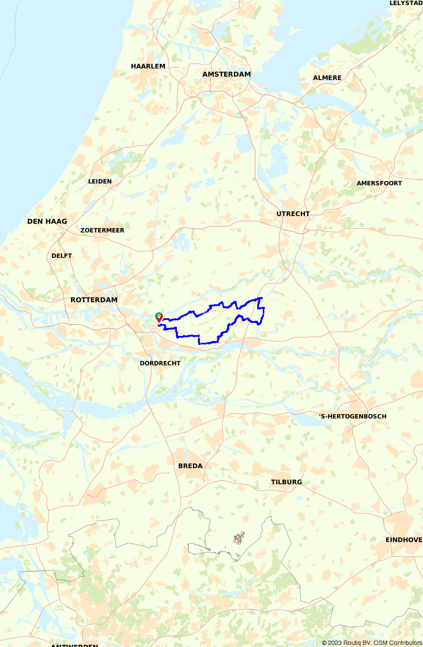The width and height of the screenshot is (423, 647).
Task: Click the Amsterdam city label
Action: (x=226, y=74)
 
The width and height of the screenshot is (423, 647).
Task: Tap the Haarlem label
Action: (x=148, y=66)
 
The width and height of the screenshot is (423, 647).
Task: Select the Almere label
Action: (x=327, y=78)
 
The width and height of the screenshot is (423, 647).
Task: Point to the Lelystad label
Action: (x=406, y=3)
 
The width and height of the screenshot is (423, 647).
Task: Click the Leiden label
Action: (x=100, y=181)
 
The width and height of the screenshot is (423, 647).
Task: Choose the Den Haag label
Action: (x=47, y=221)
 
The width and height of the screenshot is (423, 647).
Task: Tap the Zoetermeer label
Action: (x=102, y=230)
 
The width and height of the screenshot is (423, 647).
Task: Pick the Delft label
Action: (x=62, y=256)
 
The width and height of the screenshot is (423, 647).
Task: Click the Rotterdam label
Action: (x=94, y=300)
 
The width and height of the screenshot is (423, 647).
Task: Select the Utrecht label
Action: (x=293, y=214)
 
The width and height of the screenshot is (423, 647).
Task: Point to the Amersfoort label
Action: (x=379, y=183)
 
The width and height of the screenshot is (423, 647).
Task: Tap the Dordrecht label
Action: (x=160, y=363)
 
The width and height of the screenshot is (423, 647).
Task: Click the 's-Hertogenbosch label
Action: (x=353, y=416)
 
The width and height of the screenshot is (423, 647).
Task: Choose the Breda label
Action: (x=190, y=466)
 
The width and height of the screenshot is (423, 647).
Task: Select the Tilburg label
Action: (x=286, y=482)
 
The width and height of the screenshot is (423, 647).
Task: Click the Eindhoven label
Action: (x=404, y=540)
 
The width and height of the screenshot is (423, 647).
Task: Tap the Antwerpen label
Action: (x=74, y=645)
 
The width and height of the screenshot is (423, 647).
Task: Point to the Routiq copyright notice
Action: (x=372, y=643)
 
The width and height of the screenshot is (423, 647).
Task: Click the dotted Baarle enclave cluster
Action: (x=239, y=538)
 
